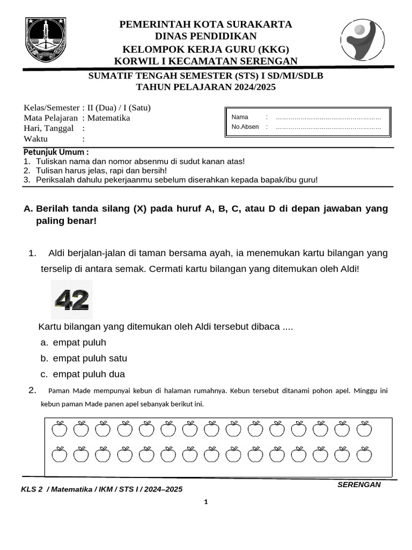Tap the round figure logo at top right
362,40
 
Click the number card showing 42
72,300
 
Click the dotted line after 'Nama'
328,117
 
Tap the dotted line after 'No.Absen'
328,127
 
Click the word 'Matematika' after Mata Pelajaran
109,118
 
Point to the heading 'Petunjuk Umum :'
56,152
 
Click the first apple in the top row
59,429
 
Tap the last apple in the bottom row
364,454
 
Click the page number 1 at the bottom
205,502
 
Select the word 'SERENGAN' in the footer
359,484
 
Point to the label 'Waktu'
36,139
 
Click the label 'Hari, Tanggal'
49,128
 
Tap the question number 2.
32,390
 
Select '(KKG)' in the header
274,49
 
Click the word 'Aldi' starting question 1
57,253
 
